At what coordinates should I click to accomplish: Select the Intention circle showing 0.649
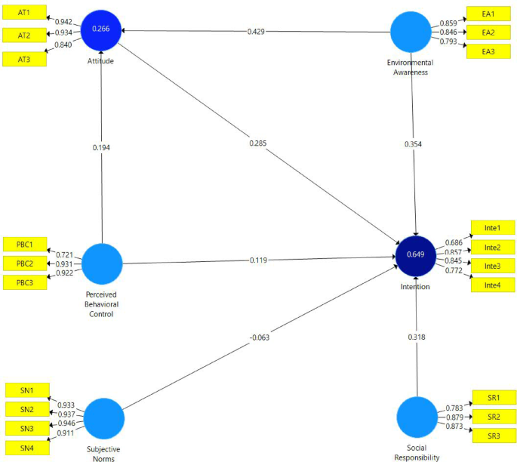pos(416,255)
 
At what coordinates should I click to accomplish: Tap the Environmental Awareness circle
pos(411,32)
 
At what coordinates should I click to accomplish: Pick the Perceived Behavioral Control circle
pos(102,263)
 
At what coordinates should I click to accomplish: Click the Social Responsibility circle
pos(417,417)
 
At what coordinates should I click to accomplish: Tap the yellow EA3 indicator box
pos(488,52)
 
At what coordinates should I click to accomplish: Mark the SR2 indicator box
pos(493,417)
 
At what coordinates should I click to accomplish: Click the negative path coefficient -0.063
pos(260,337)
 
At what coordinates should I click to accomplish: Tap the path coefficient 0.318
pos(417,337)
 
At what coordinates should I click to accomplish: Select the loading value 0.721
pos(66,255)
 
